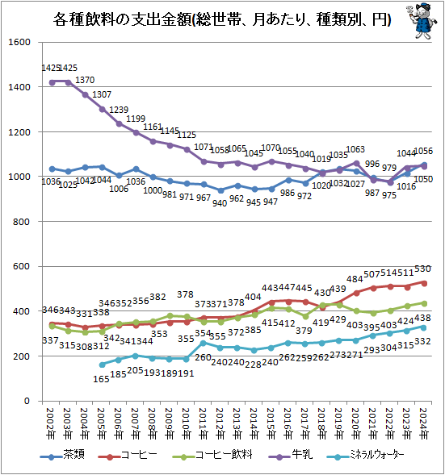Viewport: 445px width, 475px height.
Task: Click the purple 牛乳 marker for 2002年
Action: [52, 81]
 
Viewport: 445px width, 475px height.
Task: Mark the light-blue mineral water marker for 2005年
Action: [103, 364]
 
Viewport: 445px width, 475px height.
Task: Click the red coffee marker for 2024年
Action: [426, 282]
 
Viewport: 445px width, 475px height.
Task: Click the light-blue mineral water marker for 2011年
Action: [204, 343]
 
